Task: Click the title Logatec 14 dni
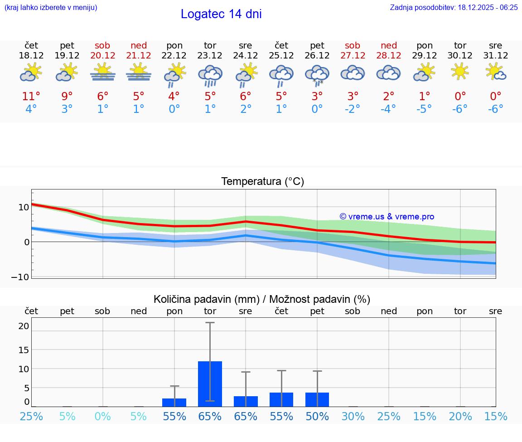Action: (x=221, y=14)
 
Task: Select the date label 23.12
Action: (x=210, y=55)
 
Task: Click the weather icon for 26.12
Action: (x=317, y=75)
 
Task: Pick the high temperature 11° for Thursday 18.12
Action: (x=31, y=96)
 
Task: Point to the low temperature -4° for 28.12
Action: (x=388, y=109)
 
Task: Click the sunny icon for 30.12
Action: (x=460, y=71)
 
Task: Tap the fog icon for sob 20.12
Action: (x=103, y=72)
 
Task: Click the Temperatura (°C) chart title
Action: (x=262, y=182)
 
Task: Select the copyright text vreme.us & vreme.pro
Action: (x=387, y=217)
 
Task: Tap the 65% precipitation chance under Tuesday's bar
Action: (x=210, y=416)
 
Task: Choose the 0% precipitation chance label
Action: (x=103, y=416)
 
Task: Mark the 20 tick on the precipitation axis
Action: (x=24, y=326)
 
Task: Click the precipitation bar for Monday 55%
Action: (x=174, y=402)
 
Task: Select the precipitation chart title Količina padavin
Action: (x=262, y=299)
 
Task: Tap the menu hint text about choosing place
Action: (x=51, y=7)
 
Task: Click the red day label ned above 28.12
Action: (x=389, y=45)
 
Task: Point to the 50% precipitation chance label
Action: (x=317, y=416)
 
